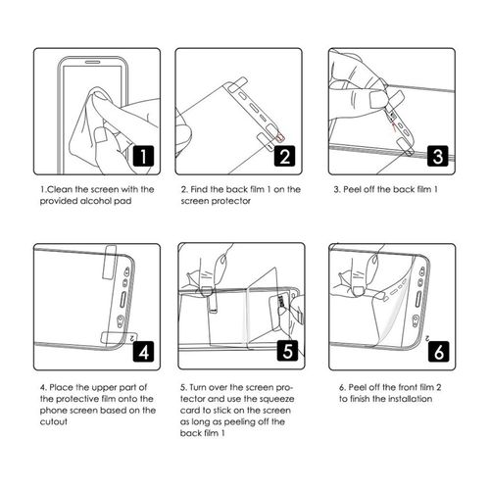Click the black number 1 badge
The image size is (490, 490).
[x=141, y=155]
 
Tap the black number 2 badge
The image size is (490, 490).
[x=285, y=155]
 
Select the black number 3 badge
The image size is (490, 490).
[x=437, y=155]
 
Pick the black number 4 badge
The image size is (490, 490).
[x=142, y=348]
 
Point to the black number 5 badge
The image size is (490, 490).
[x=286, y=348]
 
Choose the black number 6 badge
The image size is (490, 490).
[x=437, y=348]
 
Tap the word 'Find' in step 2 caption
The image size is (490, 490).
[x=202, y=188]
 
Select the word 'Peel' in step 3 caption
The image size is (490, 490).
[x=355, y=188]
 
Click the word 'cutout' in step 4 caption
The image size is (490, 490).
[x=55, y=422]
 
